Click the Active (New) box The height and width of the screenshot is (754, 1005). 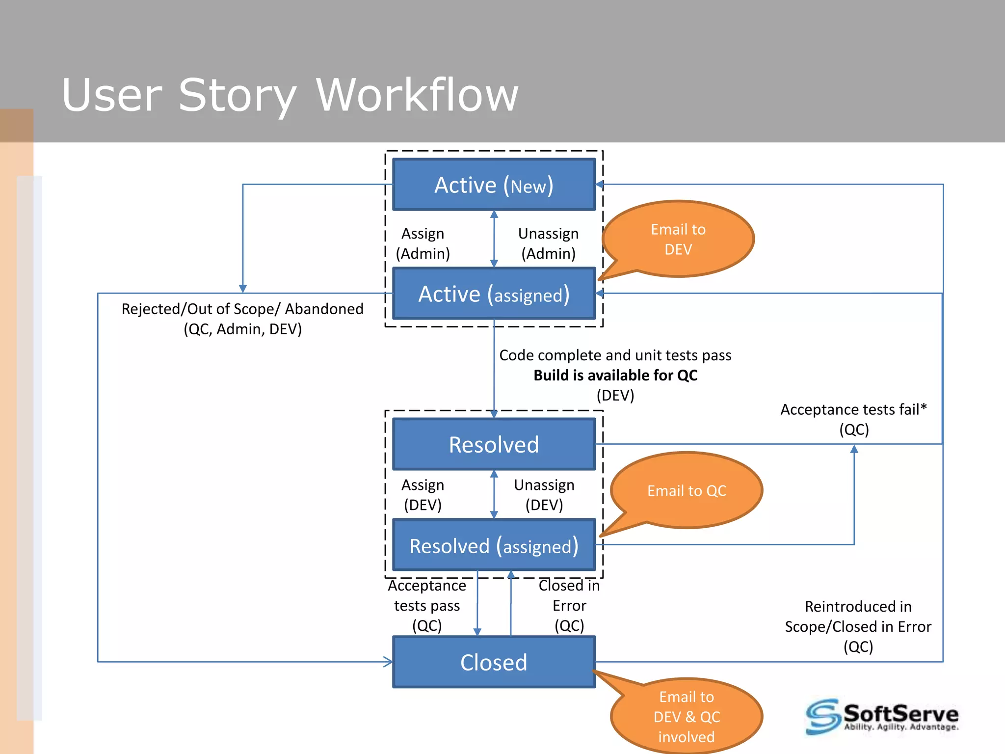(x=494, y=185)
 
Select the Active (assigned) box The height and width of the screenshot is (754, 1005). (x=494, y=294)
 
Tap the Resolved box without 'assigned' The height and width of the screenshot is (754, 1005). (x=494, y=444)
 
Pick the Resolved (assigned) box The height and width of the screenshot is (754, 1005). (x=494, y=545)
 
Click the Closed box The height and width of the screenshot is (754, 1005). (x=494, y=662)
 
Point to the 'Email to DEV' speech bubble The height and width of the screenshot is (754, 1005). (x=678, y=239)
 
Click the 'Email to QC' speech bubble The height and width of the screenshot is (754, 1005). (x=687, y=490)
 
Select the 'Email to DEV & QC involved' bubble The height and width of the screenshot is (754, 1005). (x=687, y=717)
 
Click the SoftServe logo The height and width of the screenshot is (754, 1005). (x=882, y=717)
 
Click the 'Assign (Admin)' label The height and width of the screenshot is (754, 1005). (x=423, y=243)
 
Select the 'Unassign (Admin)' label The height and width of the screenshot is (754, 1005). (x=548, y=243)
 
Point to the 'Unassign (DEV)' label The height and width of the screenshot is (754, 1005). (x=544, y=495)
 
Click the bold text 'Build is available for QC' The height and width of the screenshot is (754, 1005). (x=615, y=375)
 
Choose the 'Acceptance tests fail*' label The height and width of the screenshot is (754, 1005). (x=853, y=409)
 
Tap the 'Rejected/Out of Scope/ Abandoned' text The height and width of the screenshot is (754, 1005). (x=242, y=309)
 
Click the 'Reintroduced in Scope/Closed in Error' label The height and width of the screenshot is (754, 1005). (x=858, y=617)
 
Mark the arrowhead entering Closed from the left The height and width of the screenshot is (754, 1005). (x=388, y=662)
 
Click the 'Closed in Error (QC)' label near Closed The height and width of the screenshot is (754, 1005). (x=569, y=605)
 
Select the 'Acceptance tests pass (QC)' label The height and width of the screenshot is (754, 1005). (x=427, y=605)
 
